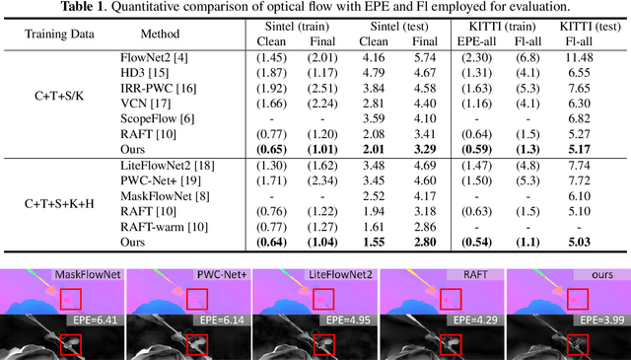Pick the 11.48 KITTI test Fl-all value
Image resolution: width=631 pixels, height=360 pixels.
593,60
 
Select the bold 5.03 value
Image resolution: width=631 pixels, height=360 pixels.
593,241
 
